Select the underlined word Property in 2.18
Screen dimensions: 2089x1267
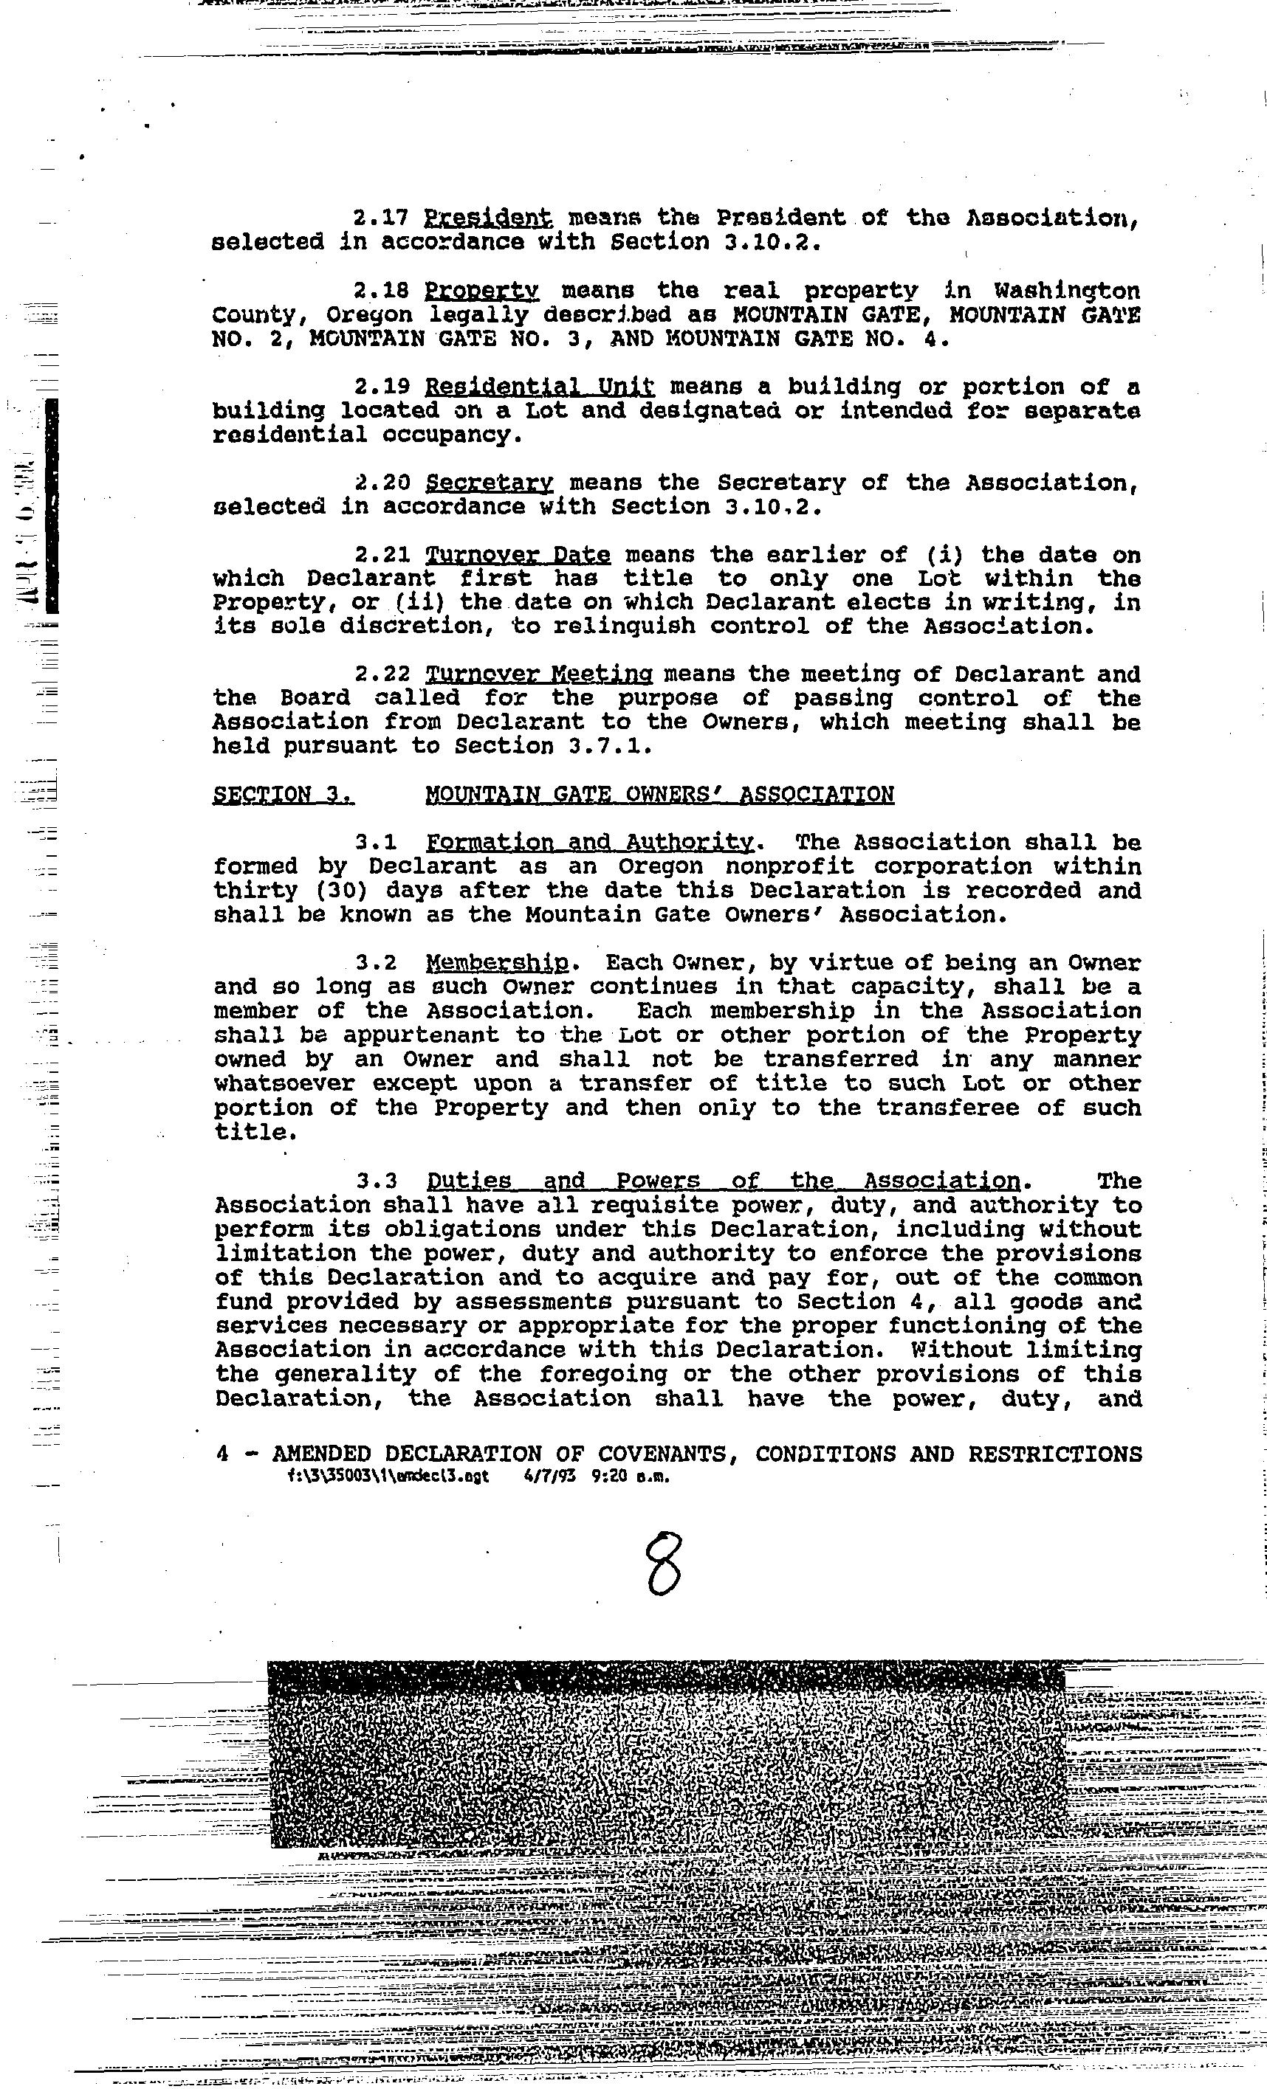pyautogui.click(x=481, y=291)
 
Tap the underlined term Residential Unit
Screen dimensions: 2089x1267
pyautogui.click(x=540, y=387)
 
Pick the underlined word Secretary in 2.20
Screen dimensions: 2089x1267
pyautogui.click(x=490, y=483)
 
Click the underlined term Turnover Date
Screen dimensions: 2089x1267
pyautogui.click(x=518, y=556)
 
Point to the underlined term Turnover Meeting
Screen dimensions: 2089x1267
pyautogui.click(x=538, y=675)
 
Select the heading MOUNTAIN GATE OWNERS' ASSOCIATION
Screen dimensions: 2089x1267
pyautogui.click(x=659, y=795)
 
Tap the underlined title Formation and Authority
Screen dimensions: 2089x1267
pyautogui.click(x=589, y=843)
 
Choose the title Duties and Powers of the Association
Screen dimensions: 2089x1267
pyautogui.click(x=724, y=1181)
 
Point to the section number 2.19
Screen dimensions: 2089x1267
pyautogui.click(x=382, y=387)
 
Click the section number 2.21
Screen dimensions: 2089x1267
pyautogui.click(x=382, y=556)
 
